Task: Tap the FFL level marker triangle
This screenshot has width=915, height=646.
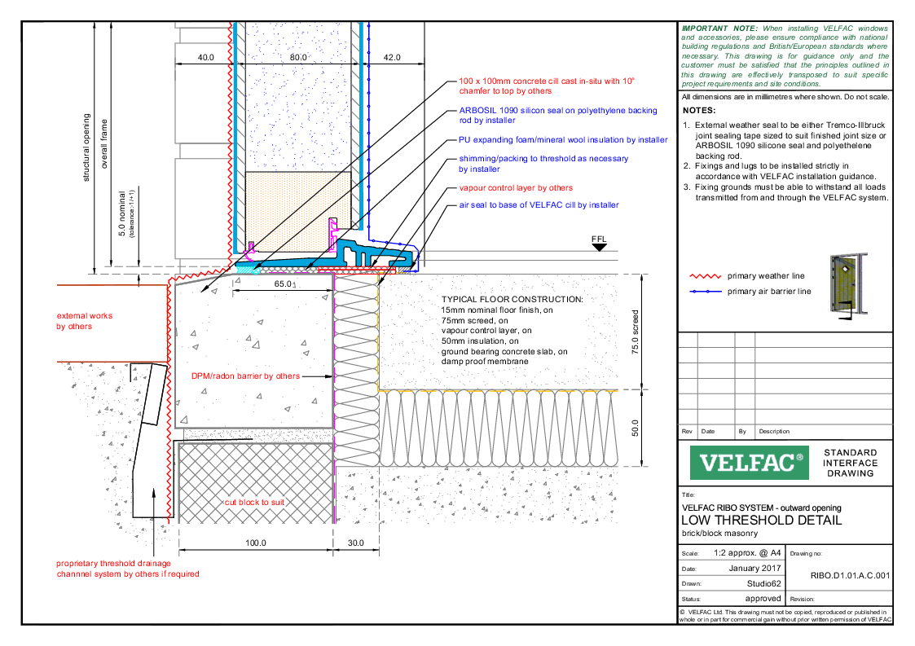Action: [600, 247]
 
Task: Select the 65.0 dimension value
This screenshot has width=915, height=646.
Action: [284, 284]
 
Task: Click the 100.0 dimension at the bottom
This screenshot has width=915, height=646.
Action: [255, 543]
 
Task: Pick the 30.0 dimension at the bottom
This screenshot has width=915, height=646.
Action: [356, 543]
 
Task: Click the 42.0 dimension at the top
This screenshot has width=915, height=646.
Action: [392, 58]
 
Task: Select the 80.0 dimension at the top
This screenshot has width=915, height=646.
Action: [298, 58]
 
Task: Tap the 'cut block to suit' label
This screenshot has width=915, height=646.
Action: [254, 503]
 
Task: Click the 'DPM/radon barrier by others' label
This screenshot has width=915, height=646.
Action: [245, 376]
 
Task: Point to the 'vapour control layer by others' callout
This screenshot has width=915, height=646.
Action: [516, 188]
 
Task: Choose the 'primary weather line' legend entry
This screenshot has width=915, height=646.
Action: [765, 276]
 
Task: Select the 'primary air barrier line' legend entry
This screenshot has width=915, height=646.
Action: [769, 291]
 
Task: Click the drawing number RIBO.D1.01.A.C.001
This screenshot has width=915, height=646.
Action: [850, 574]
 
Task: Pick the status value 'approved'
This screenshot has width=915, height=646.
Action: [763, 598]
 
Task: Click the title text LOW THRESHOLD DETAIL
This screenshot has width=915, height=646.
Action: [761, 521]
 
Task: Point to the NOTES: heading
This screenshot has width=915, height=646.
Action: [699, 110]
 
